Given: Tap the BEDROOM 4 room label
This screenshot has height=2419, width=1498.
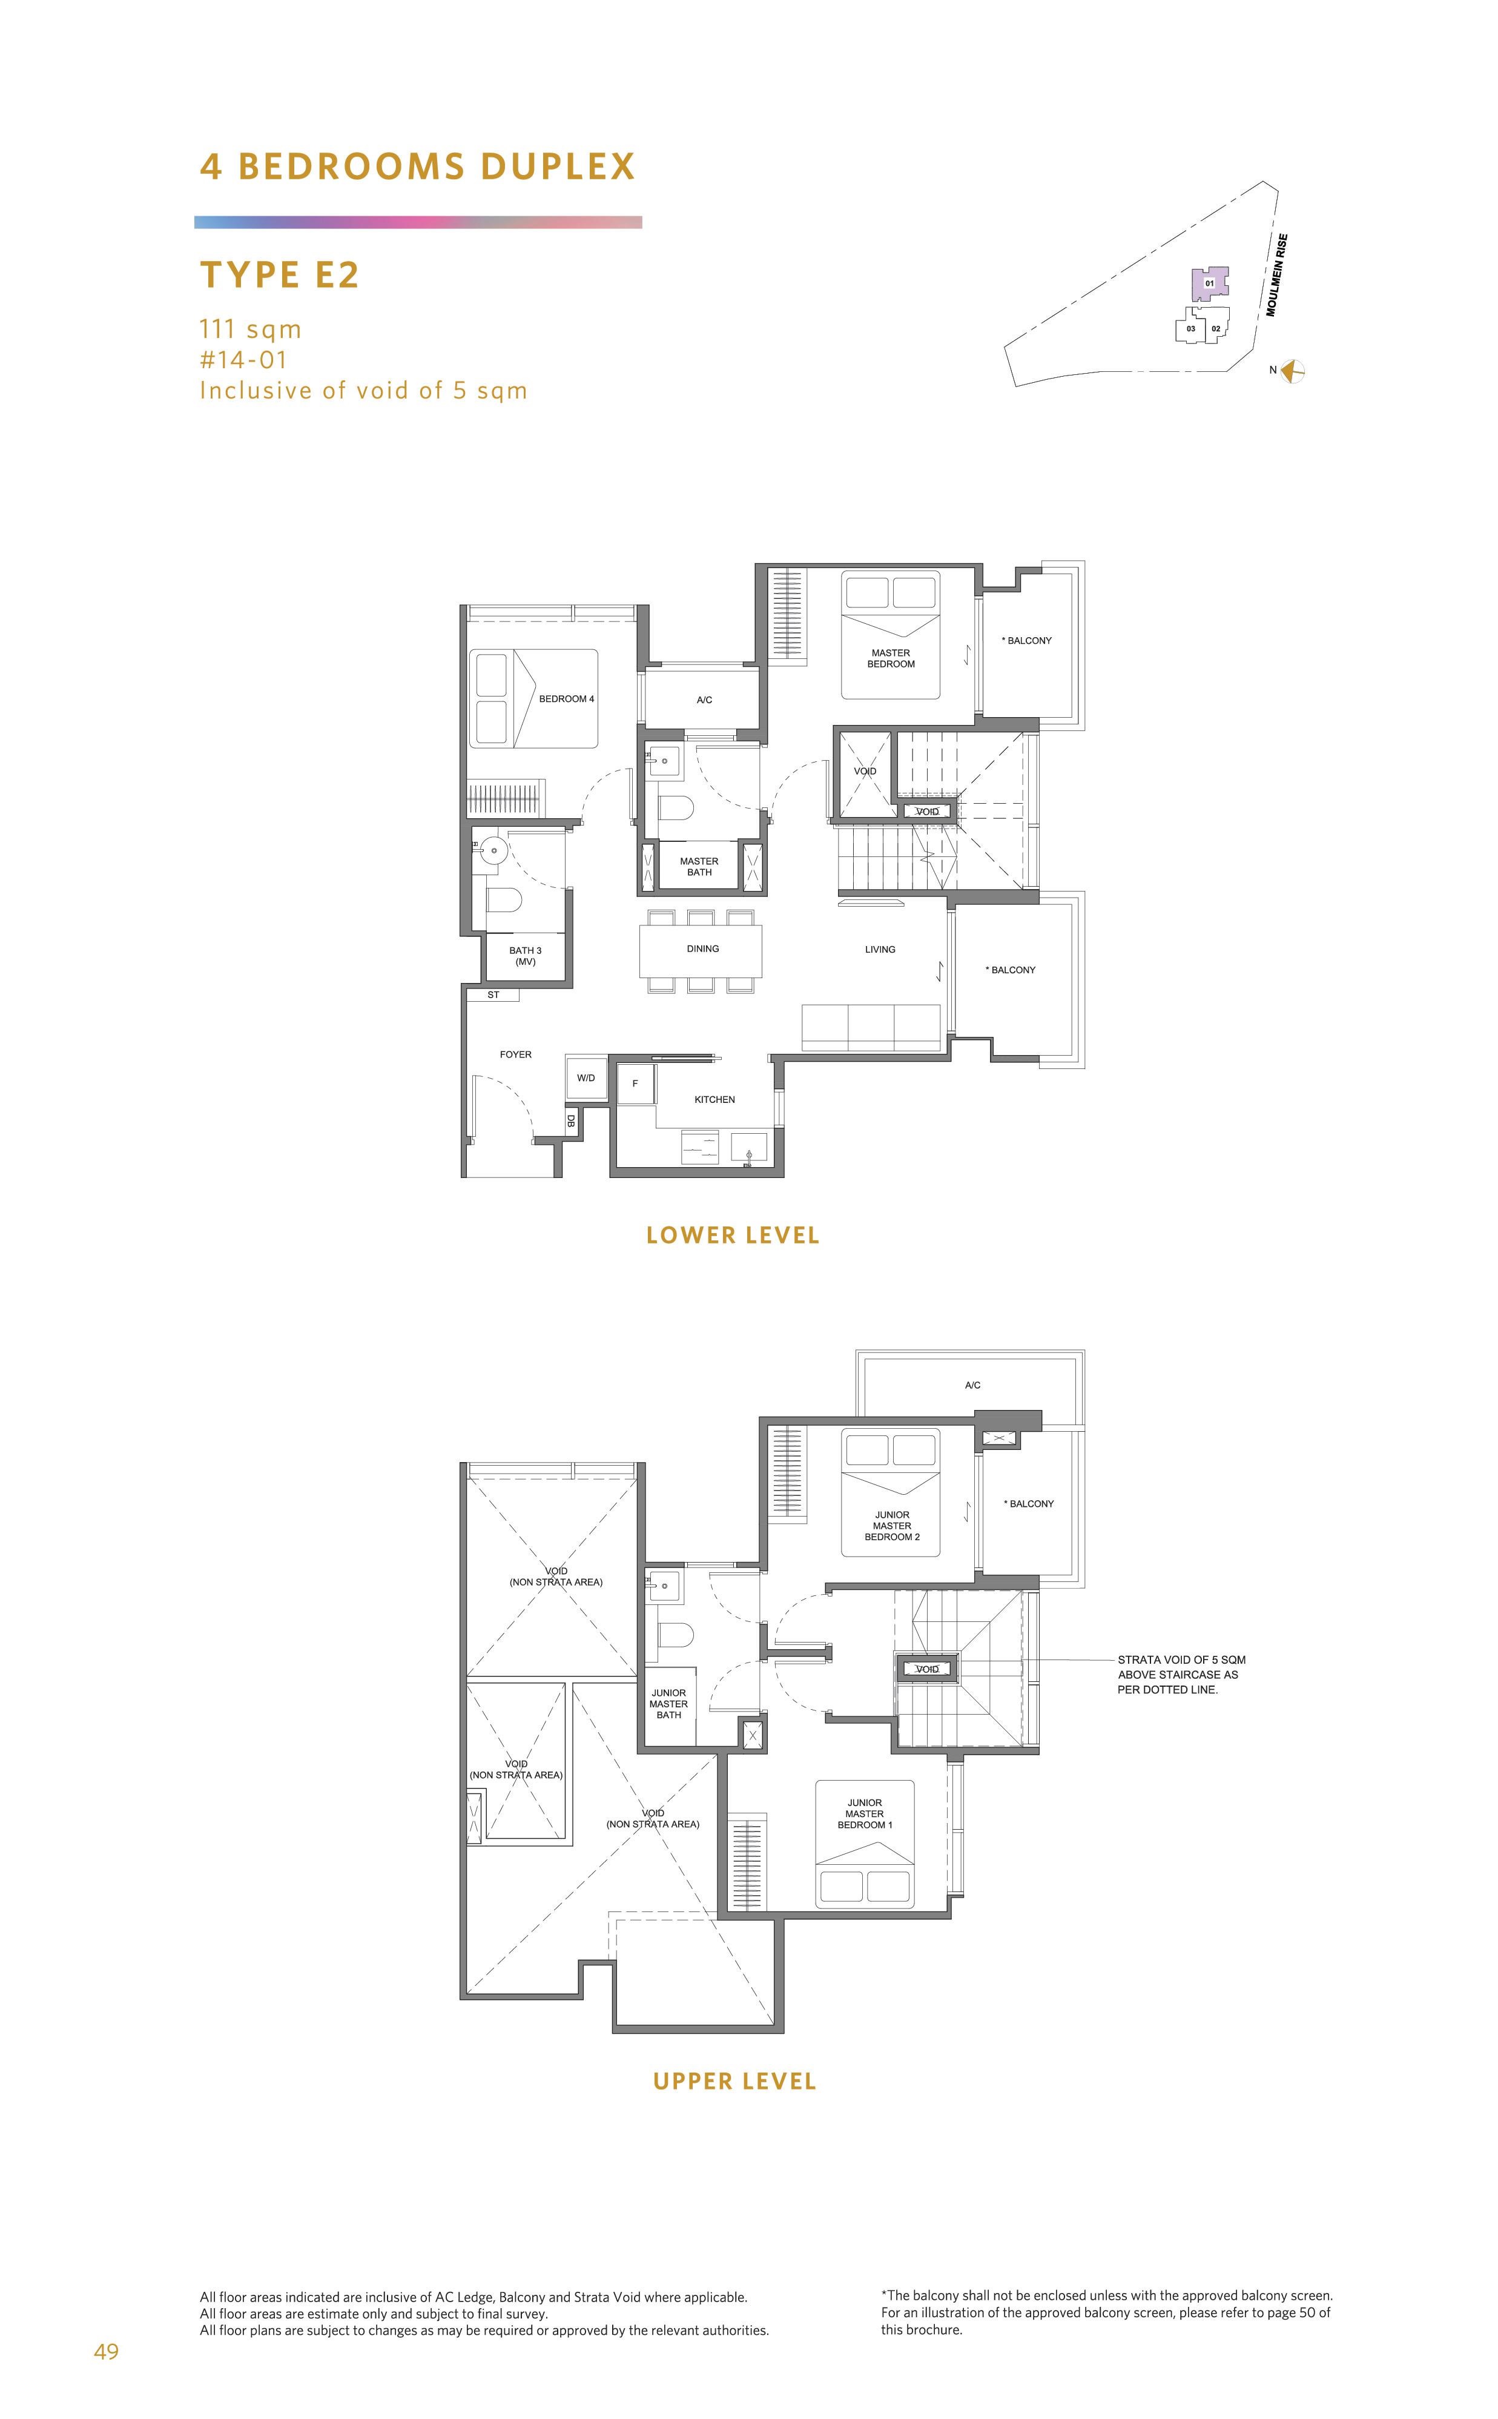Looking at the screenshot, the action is pos(567,699).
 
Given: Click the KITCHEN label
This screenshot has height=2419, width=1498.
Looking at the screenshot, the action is pos(714,1099).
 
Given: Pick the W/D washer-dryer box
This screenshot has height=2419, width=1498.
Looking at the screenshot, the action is pos(586,1077).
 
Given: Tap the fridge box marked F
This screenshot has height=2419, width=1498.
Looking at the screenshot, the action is pos(635,1083).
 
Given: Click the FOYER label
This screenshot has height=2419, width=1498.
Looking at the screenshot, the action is pos(515,1054).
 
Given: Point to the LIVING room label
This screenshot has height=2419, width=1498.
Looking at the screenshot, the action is pos(880,949).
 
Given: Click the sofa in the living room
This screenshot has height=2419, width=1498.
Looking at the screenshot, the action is pos(871,1027).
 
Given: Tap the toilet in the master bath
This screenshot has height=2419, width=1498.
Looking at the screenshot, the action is pos(677,807).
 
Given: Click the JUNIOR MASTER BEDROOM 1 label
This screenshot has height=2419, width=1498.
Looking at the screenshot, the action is pos(865,1813).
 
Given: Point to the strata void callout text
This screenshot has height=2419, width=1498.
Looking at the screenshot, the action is pos(1181,1674).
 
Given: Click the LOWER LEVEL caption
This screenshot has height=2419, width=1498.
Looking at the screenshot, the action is pos(733,1236).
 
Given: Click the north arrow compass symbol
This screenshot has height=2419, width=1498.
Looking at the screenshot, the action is pos(1292,371).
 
